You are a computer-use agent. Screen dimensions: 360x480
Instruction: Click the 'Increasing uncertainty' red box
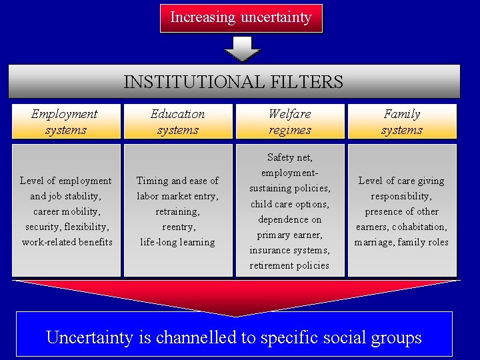[241, 18]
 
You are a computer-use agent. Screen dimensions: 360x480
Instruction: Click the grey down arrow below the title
[241, 49]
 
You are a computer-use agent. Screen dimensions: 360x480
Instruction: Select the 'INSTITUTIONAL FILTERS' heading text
[233, 82]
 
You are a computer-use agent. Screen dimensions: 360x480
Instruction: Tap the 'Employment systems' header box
[65, 121]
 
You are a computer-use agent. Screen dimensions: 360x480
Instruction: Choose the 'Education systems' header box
[177, 121]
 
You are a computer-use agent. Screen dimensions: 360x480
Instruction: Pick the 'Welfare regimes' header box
[289, 121]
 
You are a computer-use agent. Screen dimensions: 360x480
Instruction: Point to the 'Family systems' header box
[401, 121]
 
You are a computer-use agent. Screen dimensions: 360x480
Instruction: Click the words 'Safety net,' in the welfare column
[289, 158]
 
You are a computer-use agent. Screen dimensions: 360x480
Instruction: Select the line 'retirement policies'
[289, 265]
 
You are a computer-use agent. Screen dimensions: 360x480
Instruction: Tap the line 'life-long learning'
[177, 242]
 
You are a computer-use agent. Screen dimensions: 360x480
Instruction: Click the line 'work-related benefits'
[67, 242]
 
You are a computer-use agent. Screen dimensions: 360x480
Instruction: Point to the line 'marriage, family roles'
[401, 242]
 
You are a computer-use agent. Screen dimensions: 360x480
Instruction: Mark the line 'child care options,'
[289, 204]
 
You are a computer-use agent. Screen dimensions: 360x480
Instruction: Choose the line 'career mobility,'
[65, 211]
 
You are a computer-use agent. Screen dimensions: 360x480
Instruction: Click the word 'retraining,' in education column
[177, 211]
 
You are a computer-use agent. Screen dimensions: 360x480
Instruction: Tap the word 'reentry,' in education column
[177, 227]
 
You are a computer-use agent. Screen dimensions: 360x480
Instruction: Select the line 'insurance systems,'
[289, 250]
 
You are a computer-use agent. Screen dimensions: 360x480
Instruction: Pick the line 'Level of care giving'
[401, 181]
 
